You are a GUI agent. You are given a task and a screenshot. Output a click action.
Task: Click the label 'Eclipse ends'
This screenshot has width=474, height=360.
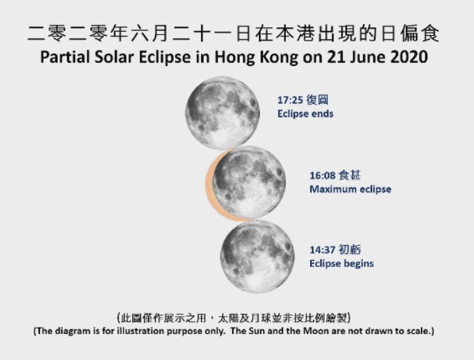point(305,114)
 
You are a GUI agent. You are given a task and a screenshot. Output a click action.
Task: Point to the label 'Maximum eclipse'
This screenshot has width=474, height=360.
point(350,189)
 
